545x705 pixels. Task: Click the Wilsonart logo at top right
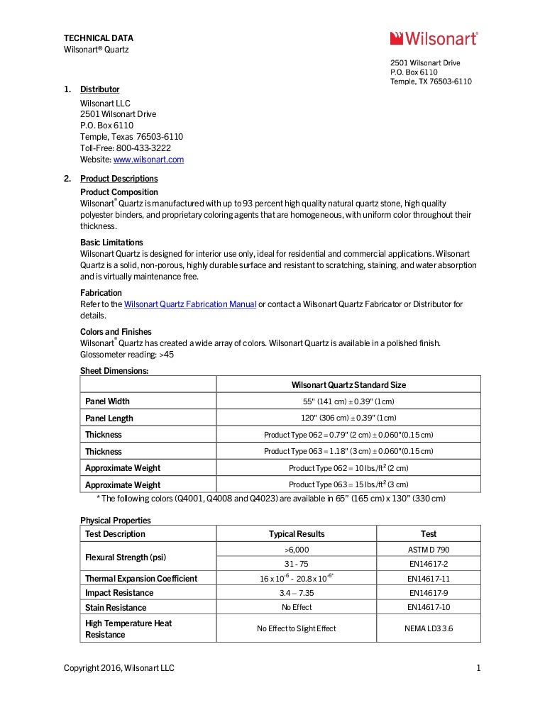[434, 38]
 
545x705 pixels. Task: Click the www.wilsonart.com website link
[148, 160]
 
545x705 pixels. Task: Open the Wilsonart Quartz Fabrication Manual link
[190, 304]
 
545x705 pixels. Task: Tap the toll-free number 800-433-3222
[143, 148]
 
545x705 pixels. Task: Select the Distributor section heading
[99, 89]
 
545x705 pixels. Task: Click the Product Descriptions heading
[119, 179]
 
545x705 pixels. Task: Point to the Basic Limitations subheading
[111, 243]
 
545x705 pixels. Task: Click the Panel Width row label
[107, 401]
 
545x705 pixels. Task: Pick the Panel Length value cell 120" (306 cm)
[348, 418]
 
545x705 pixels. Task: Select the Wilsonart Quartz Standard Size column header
[348, 384]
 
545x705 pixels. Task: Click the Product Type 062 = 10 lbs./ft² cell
[348, 468]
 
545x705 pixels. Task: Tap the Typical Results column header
[297, 534]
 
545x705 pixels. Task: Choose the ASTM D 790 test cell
[428, 550]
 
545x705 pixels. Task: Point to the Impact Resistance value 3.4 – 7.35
[297, 593]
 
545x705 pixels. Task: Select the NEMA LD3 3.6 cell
[428, 628]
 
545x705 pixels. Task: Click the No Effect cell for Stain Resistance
[297, 608]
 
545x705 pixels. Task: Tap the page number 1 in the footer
[478, 668]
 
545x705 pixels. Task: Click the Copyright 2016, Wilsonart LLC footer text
[119, 668]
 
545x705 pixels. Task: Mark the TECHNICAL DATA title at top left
[99, 38]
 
